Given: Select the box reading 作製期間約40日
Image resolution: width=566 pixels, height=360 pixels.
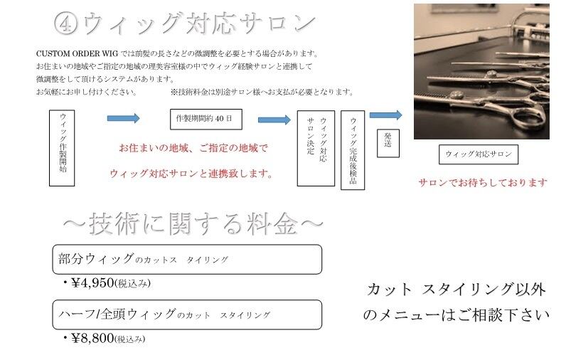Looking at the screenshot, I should pos(206,118).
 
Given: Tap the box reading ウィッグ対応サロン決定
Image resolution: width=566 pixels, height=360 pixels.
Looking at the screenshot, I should pos(316,148).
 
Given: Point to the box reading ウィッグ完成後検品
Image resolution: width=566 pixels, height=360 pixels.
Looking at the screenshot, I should pos(353,149).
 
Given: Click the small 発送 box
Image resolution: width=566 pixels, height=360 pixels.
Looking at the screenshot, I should pos(388,141).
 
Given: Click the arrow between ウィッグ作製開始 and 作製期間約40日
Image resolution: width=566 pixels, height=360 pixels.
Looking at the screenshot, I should pos(123,119).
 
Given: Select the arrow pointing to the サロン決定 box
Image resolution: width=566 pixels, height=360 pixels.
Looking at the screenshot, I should pos(274,120).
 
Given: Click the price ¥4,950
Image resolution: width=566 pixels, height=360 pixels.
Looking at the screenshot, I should pos(92,283).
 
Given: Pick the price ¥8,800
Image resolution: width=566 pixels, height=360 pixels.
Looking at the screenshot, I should pos(92,338).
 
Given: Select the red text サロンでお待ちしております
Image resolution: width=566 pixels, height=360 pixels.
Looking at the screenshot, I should pos(483,183).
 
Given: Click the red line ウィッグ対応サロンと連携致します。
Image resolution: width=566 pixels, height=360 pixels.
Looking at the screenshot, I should pos(192,174).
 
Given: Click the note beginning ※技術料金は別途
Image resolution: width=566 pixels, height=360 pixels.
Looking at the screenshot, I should pos(262,92).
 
